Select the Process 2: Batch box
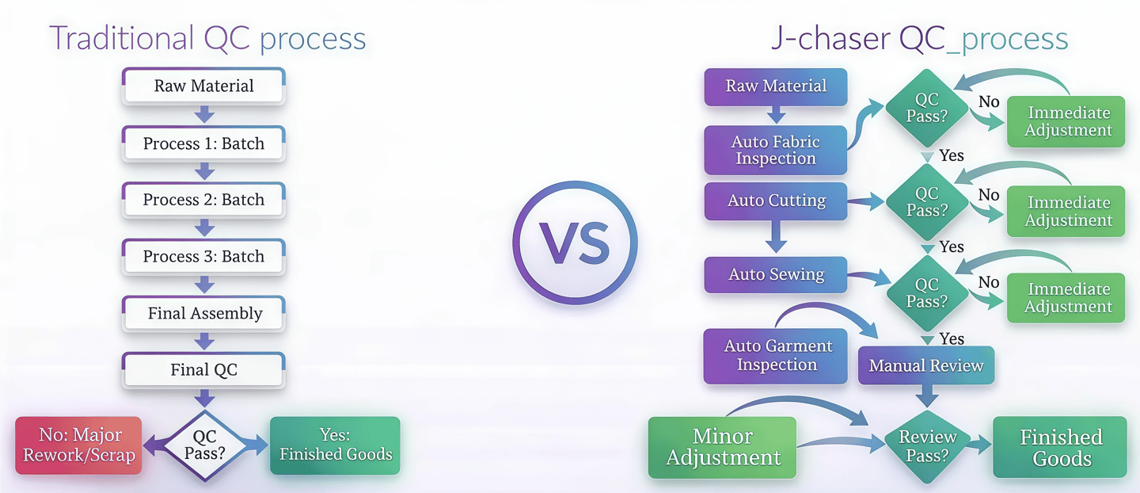[203, 200]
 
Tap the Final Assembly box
[204, 313]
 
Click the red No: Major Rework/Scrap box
[79, 445]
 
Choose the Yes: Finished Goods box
[335, 445]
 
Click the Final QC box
[203, 370]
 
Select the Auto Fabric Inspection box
[776, 150]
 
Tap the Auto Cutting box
[776, 201]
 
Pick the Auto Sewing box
[776, 275]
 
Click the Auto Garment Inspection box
[776, 355]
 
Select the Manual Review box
[925, 365]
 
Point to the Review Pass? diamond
[927, 445]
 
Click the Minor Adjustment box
[723, 447]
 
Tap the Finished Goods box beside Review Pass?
[1060, 447]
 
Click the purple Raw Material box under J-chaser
[776, 86]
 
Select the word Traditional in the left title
[121, 38]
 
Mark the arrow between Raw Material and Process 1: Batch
[204, 115]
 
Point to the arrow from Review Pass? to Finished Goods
[981, 446]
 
